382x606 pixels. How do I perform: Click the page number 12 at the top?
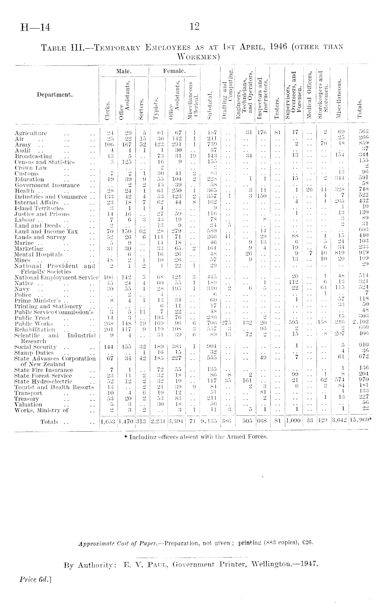[194, 26]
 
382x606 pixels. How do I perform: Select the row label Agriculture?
[31, 133]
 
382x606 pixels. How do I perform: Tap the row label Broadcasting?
[33, 156]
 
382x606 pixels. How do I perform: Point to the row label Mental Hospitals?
[38, 254]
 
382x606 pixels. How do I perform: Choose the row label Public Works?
[34, 324]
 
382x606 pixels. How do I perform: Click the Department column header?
[55, 95]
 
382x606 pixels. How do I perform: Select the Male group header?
[123, 71]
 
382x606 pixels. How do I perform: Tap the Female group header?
[174, 71]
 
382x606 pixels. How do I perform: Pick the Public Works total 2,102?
[359, 324]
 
